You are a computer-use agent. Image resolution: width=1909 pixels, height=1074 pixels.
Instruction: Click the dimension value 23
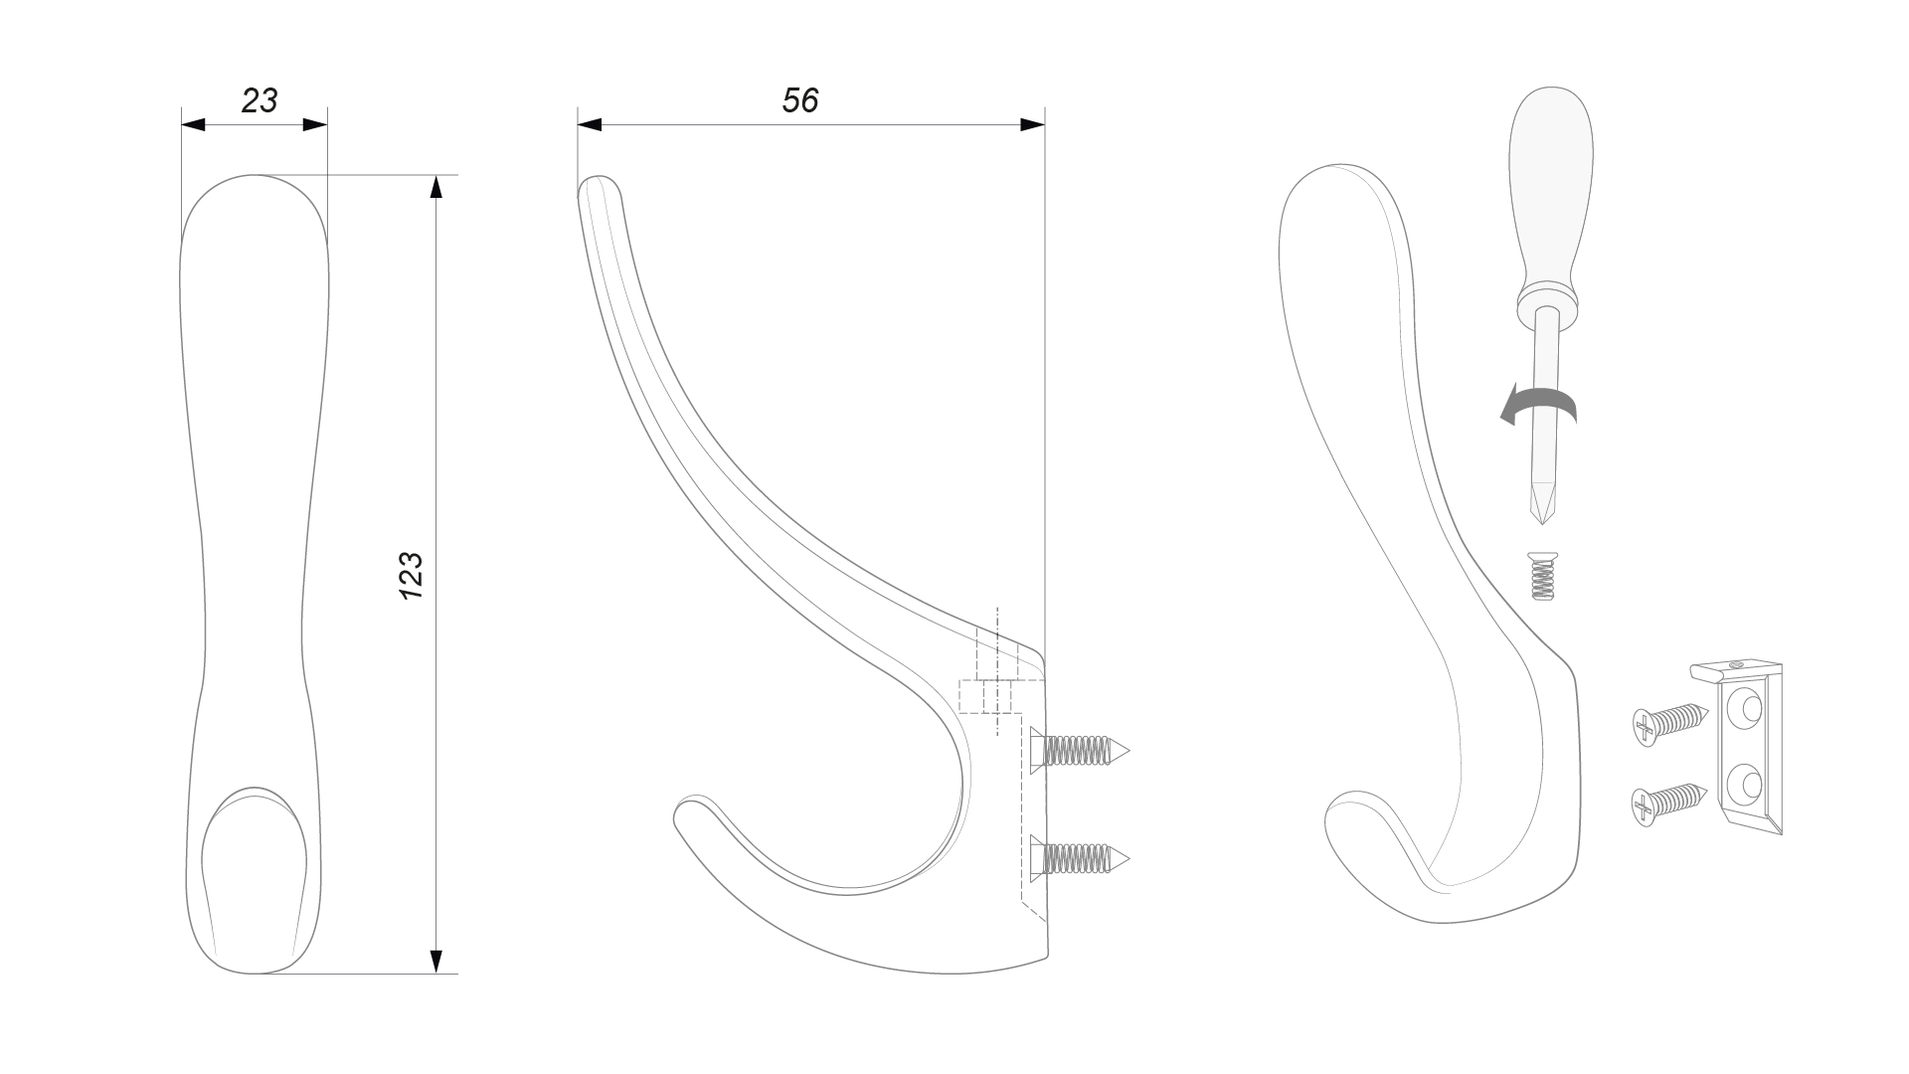260,100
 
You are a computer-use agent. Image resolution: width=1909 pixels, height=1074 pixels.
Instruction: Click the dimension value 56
800,100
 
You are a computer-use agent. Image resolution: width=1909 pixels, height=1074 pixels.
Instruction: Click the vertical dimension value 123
411,575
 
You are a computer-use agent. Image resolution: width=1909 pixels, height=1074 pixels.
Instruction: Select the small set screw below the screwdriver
1540,577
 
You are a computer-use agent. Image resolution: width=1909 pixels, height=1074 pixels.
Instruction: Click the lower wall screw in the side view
1081,856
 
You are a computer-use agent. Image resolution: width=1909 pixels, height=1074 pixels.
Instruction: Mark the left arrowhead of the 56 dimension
590,125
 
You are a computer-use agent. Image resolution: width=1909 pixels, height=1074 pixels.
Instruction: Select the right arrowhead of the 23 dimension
315,125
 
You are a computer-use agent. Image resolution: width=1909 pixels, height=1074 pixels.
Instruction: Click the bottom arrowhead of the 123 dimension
435,962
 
